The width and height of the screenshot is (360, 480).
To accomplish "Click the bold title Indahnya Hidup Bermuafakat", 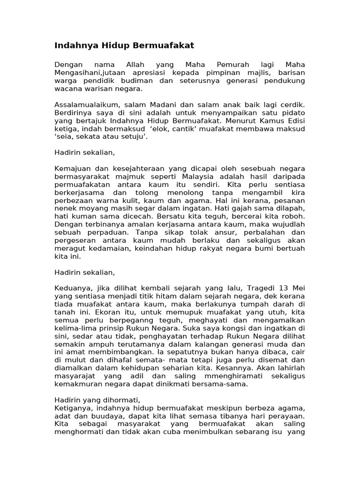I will pyautogui.click(x=124, y=45).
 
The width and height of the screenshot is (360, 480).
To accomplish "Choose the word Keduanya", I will pyautogui.click(x=72, y=287).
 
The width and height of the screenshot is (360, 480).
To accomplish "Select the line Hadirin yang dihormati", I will pyautogui.click(x=97, y=400).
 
